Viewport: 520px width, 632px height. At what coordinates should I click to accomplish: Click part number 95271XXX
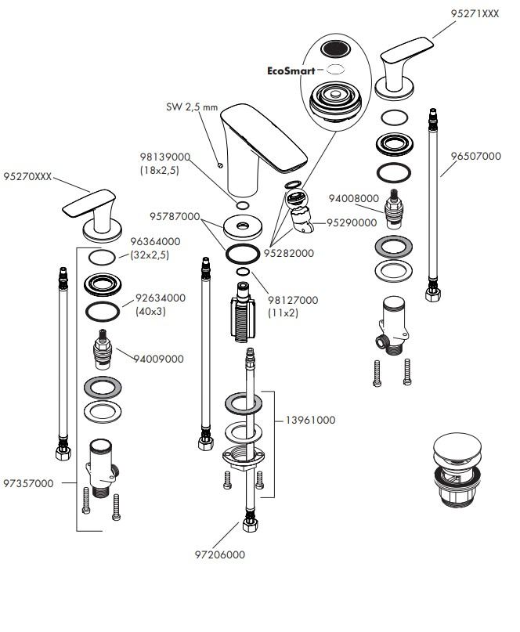[x=475, y=14]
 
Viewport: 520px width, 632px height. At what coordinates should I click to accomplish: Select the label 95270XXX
[x=27, y=177]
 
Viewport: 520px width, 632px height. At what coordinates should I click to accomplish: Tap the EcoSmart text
[x=291, y=70]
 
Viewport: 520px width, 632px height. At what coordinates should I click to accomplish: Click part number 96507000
[x=476, y=156]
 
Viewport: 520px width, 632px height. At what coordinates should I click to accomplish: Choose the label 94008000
[x=353, y=199]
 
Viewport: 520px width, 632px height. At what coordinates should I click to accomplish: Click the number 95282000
[x=289, y=253]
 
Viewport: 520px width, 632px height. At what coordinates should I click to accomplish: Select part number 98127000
[x=293, y=300]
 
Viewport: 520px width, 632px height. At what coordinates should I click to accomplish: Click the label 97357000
[x=29, y=483]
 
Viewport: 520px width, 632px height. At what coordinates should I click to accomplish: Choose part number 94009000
[x=158, y=359]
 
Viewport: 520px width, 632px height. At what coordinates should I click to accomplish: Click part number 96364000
[x=155, y=243]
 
